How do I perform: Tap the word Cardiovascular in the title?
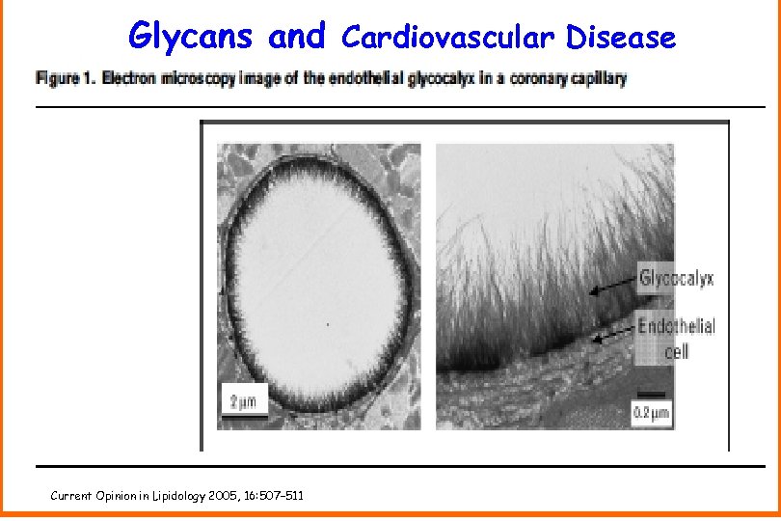[447, 38]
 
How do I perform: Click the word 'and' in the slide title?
[298, 37]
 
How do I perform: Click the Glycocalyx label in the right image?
[676, 279]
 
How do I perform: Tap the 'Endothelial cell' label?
[676, 337]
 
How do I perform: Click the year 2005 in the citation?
[213, 496]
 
